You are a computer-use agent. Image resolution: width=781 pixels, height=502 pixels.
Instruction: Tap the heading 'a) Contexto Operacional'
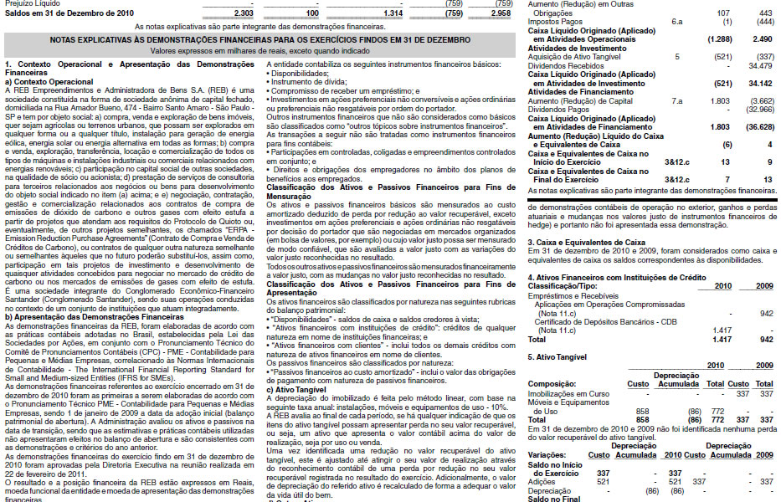pyautogui.click(x=49, y=82)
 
